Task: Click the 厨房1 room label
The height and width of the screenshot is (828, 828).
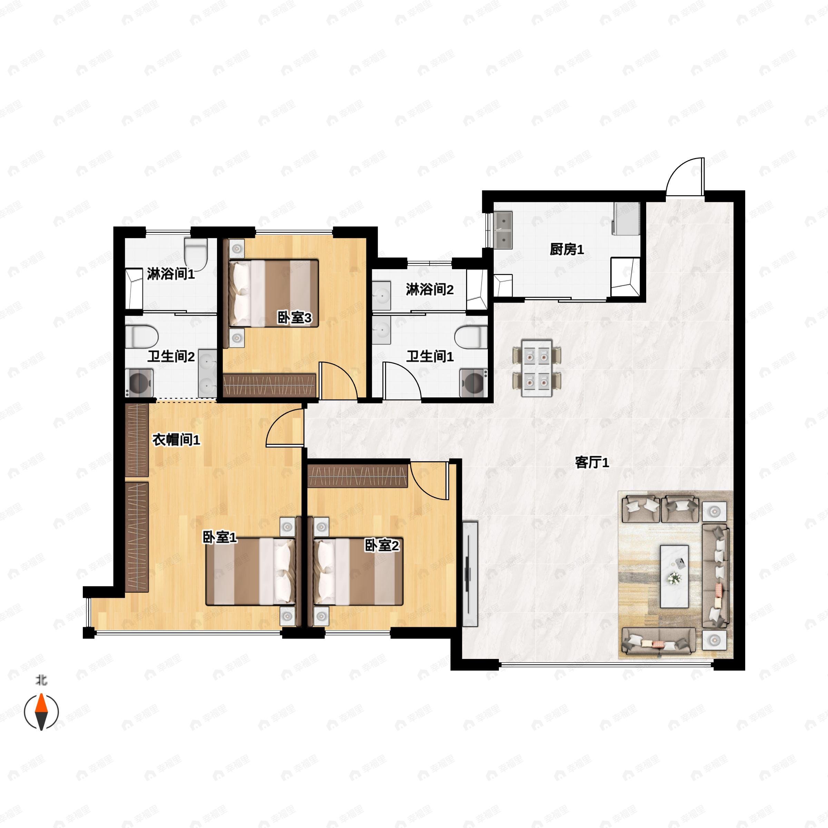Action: pos(566,249)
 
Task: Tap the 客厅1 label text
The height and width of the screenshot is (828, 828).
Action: pos(592,462)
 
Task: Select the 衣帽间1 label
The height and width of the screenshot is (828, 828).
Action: pos(176,440)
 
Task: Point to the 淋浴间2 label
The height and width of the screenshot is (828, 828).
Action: pos(430,290)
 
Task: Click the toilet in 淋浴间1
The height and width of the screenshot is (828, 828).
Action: pos(196,253)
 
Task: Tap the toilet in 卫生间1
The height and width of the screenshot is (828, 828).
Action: pos(471,336)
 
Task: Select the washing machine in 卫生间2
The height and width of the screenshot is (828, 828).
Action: pos(139,383)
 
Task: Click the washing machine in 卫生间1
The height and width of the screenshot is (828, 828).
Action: pos(474,383)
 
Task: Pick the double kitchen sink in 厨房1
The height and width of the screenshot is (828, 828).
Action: pos(503,230)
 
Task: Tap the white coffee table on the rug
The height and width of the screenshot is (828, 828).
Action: pos(674,576)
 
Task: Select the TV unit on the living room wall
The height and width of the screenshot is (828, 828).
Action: pos(470,574)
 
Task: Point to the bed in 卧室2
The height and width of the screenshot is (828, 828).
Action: pos(358,571)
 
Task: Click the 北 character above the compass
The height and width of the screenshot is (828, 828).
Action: pos(41,680)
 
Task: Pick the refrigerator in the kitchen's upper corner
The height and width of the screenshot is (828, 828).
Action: pos(627,219)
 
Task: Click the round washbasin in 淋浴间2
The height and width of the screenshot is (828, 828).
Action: pos(381,296)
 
